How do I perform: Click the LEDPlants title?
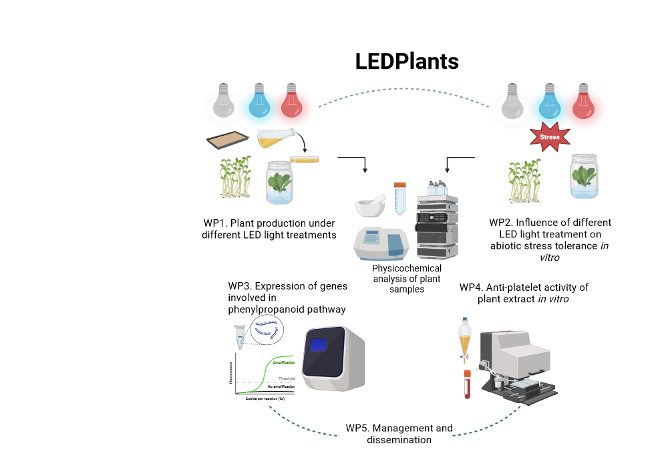[x=407, y=62]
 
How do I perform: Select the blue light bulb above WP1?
[x=259, y=100]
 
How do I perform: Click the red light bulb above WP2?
[x=582, y=101]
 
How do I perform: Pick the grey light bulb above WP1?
[x=224, y=100]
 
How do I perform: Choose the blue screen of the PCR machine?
[x=319, y=344]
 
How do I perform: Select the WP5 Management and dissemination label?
[x=399, y=434]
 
